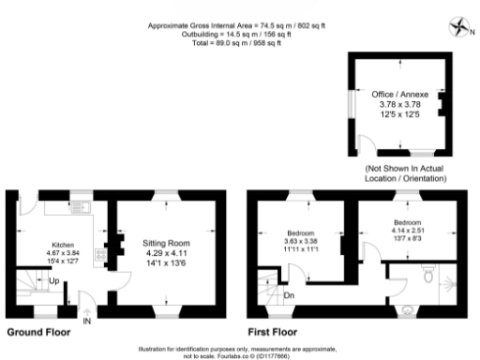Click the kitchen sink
pos(78,207)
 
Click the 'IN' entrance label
pos(87,322)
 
